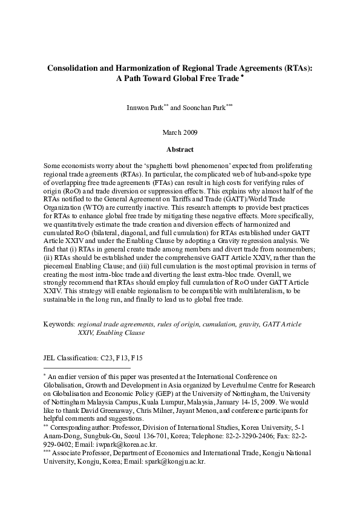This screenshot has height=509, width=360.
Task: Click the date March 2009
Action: click(180, 132)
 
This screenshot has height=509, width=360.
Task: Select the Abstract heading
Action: click(180, 148)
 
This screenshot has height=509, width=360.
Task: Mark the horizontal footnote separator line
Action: click(87, 368)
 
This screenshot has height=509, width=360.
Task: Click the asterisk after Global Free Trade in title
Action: click(242, 76)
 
